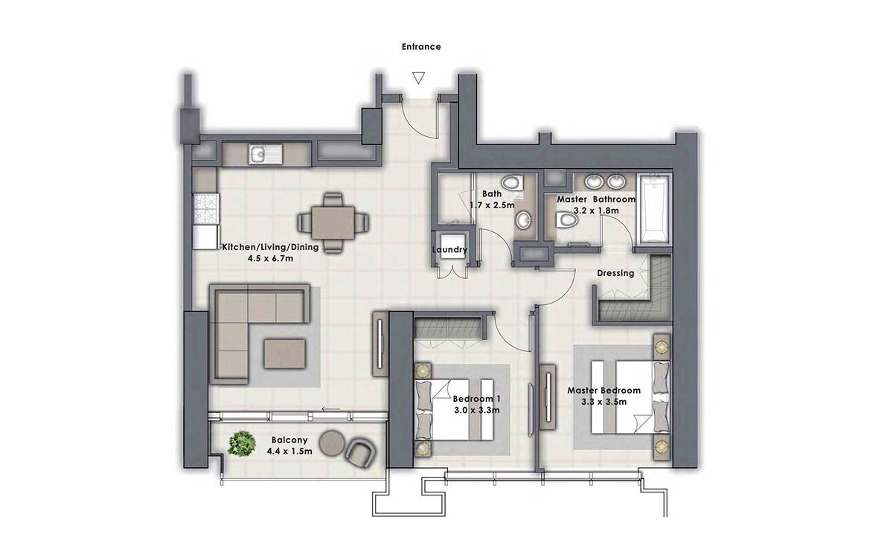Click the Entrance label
[x=421, y=47]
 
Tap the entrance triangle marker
[x=418, y=77]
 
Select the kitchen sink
[x=265, y=154]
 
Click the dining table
[x=333, y=222]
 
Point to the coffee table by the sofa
[x=284, y=353]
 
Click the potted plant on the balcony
[x=242, y=443]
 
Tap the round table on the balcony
[x=332, y=443]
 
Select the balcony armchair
[x=360, y=453]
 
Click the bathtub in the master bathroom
[x=654, y=208]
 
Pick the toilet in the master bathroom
[x=566, y=219]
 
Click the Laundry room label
[x=449, y=250]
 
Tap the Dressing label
[x=615, y=274]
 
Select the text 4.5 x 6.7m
[x=270, y=258]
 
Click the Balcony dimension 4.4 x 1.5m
[x=289, y=451]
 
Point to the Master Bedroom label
[x=604, y=391]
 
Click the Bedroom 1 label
[x=477, y=399]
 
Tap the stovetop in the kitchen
[x=206, y=209]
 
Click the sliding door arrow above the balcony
[x=331, y=409]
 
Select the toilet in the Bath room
[x=512, y=183]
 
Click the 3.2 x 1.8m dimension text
[x=596, y=211]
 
